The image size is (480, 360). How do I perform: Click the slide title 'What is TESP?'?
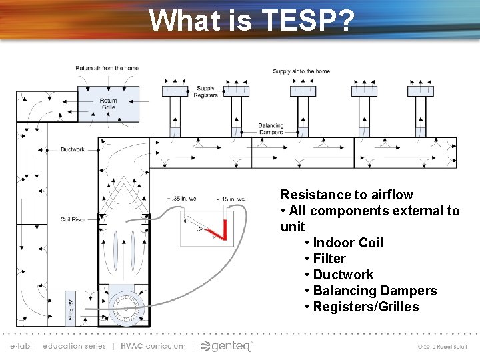point(251,20)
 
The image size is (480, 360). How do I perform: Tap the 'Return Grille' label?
point(108,104)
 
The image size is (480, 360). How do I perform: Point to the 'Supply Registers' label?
point(205,92)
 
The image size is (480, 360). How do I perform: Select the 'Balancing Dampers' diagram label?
point(271,129)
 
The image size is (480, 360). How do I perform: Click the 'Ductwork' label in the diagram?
point(72,149)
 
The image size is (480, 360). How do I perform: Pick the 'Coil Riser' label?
point(72,219)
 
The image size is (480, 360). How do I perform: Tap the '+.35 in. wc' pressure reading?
point(180,199)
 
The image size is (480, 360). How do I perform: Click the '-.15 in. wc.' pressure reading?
point(231,199)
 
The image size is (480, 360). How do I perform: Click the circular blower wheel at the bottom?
point(124,308)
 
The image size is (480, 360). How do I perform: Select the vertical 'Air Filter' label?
point(70,310)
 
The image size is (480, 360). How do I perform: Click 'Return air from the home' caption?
point(107,68)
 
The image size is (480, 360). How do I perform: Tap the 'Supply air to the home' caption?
point(301,71)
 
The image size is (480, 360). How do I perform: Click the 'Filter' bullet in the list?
point(329,259)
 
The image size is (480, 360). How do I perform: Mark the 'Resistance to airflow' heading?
point(347,195)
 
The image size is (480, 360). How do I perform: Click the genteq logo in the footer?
point(227,346)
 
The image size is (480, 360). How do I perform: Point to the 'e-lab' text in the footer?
point(20,346)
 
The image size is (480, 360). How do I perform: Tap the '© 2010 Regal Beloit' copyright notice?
point(443,347)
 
